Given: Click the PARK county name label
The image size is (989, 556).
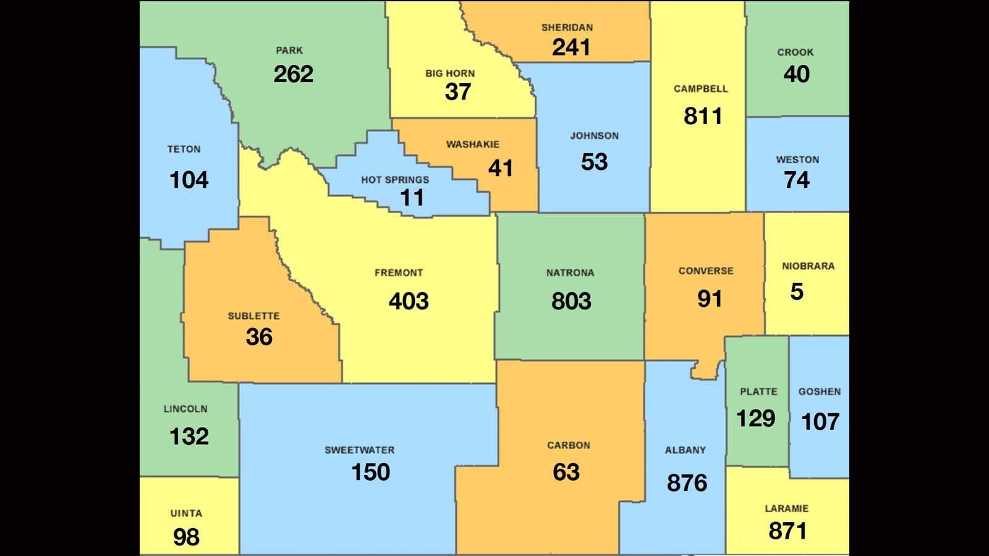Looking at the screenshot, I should click(289, 51).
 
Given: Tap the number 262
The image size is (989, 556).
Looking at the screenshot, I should click(293, 74).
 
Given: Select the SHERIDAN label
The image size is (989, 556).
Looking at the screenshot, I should click(567, 28).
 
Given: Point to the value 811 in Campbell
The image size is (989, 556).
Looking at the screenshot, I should click(703, 116).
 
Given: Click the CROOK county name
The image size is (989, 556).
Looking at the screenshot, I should click(795, 53).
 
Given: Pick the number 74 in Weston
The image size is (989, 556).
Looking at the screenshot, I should click(796, 180).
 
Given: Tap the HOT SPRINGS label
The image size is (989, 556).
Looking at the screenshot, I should click(395, 180).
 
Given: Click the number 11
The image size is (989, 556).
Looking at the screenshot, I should click(412, 198).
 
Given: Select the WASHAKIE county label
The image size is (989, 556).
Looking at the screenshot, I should click(473, 145).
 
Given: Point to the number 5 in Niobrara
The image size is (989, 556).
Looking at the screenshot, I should click(796, 292).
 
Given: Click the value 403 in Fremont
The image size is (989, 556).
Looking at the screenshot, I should click(409, 301).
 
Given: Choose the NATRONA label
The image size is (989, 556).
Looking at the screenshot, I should click(570, 273).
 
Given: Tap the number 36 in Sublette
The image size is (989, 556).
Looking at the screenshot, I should click(258, 337).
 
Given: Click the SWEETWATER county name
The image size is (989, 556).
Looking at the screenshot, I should click(359, 450).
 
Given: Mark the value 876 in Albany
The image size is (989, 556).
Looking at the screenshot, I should click(686, 483).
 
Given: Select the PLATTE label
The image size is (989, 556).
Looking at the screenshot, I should click(758, 392).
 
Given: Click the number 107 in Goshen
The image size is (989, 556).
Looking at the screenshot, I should click(820, 422).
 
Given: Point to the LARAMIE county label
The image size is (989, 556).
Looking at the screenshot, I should click(786, 509).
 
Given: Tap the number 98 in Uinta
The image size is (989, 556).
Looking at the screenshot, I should click(186, 537).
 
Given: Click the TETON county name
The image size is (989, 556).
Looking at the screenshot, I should click(184, 150).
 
